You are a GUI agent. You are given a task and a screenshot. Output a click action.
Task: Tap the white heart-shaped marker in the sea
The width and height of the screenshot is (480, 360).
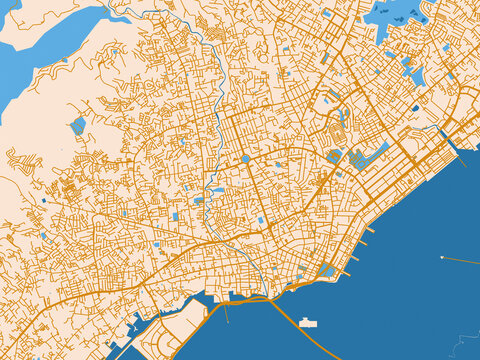coord(441,258)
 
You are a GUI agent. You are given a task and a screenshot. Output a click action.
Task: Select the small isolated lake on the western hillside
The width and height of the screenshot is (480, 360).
coord(78,126)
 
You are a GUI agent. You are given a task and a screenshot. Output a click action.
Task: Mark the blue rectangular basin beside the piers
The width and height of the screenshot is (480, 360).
coord(329,270)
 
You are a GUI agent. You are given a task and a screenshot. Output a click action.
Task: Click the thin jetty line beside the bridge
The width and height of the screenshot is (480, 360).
coord(226,312)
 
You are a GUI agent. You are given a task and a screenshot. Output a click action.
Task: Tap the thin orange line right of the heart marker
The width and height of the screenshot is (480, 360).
coord(462,261)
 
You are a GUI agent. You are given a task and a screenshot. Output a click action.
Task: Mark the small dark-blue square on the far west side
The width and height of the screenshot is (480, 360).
coord(43,201)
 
